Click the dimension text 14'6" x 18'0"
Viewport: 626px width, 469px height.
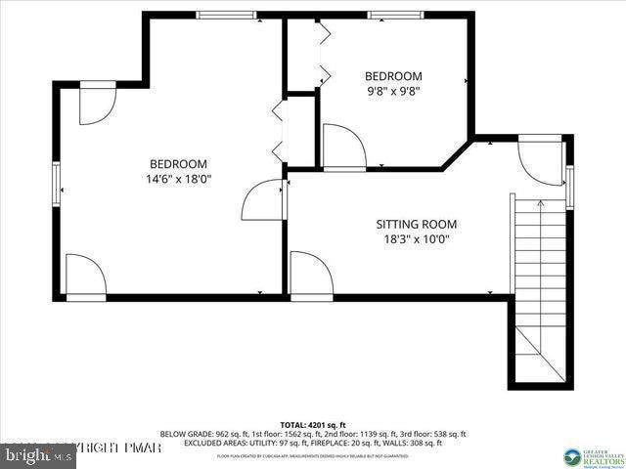coord(178,180)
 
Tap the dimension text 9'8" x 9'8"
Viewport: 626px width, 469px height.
coord(393,93)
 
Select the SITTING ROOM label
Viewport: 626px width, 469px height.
coord(417,224)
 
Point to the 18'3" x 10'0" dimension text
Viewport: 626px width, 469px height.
coord(417,239)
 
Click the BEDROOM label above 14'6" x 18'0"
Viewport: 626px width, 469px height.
coord(178,163)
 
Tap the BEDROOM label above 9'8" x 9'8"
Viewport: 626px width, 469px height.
coord(393,76)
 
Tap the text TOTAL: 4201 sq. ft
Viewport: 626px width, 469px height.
coord(313,425)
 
